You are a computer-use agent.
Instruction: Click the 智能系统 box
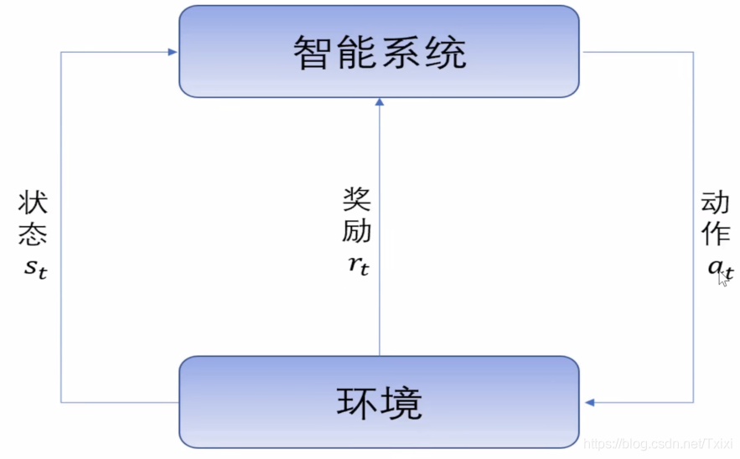click(x=380, y=51)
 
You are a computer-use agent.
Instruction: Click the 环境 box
click(x=380, y=402)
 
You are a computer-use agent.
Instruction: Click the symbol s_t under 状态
click(x=33, y=269)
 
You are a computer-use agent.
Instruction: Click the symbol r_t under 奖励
click(x=358, y=266)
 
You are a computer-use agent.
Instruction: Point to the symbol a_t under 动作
click(x=718, y=268)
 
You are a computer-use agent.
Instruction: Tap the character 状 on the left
click(x=33, y=204)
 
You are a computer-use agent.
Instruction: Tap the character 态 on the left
click(x=33, y=235)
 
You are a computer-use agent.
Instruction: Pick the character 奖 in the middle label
click(x=357, y=199)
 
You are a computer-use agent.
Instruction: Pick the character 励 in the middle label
click(x=357, y=231)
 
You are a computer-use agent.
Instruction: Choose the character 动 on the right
click(x=717, y=203)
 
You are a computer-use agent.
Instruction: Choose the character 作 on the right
click(x=717, y=235)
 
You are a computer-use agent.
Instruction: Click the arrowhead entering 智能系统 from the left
click(x=172, y=52)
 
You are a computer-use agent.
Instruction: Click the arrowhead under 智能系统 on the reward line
click(x=380, y=102)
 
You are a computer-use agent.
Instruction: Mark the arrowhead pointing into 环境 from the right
click(x=589, y=403)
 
